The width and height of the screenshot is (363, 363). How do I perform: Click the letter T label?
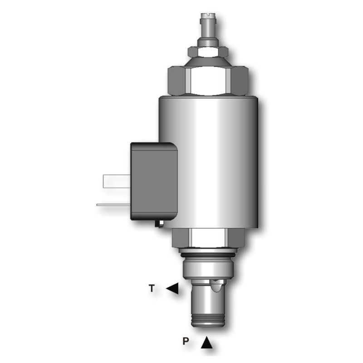[152, 289]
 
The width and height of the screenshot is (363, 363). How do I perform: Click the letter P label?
[186, 341]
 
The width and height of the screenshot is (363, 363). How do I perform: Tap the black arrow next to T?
[172, 289]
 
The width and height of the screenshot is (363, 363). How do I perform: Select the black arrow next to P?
[206, 343]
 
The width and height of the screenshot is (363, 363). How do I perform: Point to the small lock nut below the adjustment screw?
[208, 52]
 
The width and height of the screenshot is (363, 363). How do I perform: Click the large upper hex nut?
[208, 81]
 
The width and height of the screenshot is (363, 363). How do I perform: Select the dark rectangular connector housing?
[154, 181]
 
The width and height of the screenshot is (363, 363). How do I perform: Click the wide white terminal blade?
[117, 181]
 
